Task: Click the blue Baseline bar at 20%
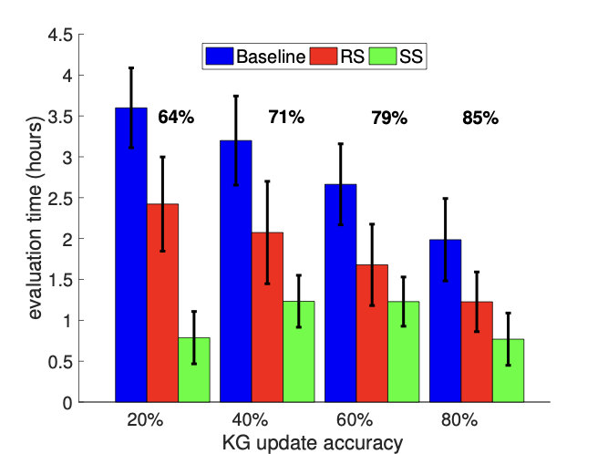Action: point(131,254)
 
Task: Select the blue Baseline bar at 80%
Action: point(445,320)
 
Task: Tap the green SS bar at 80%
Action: point(508,370)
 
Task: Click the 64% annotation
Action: point(176,117)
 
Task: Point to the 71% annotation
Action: point(285,117)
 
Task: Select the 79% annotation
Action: point(388,118)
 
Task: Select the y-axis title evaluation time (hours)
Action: point(35,219)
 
